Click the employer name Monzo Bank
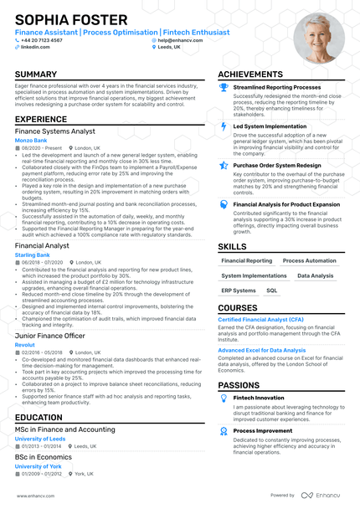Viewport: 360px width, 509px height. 31,140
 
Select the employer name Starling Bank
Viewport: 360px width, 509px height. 33,254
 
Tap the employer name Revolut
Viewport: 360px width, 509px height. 24,343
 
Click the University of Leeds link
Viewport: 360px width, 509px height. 39,439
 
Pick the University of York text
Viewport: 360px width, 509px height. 38,466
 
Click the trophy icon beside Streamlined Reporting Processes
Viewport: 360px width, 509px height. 224,86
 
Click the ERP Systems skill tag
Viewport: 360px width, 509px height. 239,290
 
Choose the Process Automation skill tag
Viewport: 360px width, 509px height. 309,260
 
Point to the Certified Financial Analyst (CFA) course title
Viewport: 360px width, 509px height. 260,319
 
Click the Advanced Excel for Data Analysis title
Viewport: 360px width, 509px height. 262,350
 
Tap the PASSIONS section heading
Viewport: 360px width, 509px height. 239,385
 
